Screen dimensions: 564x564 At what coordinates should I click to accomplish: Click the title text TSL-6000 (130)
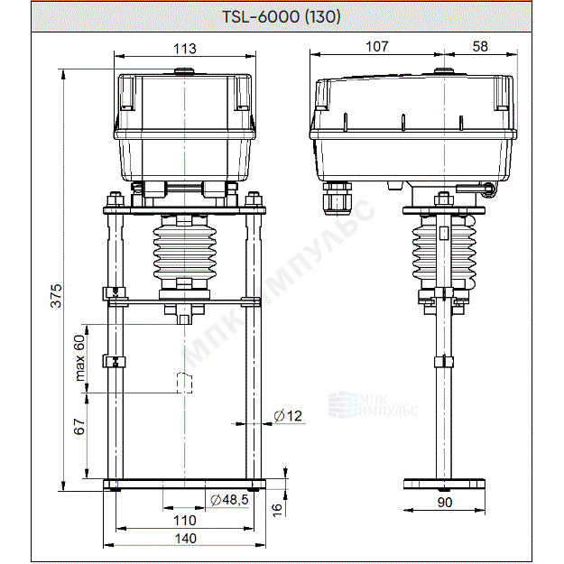point(282,16)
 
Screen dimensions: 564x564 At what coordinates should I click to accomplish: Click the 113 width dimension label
point(185,49)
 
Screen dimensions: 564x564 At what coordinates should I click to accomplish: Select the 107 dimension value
point(377,46)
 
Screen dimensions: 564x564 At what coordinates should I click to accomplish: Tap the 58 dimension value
point(480,46)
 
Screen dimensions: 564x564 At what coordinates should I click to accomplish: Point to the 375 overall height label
point(56,296)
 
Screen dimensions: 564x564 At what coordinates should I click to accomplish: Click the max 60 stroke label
point(79,358)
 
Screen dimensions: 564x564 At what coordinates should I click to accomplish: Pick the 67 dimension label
point(79,426)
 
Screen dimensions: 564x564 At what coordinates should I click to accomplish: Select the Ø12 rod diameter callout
point(288,416)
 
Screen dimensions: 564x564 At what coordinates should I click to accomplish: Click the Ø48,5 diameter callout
point(229,499)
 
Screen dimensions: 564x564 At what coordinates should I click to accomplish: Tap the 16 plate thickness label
point(277,510)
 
